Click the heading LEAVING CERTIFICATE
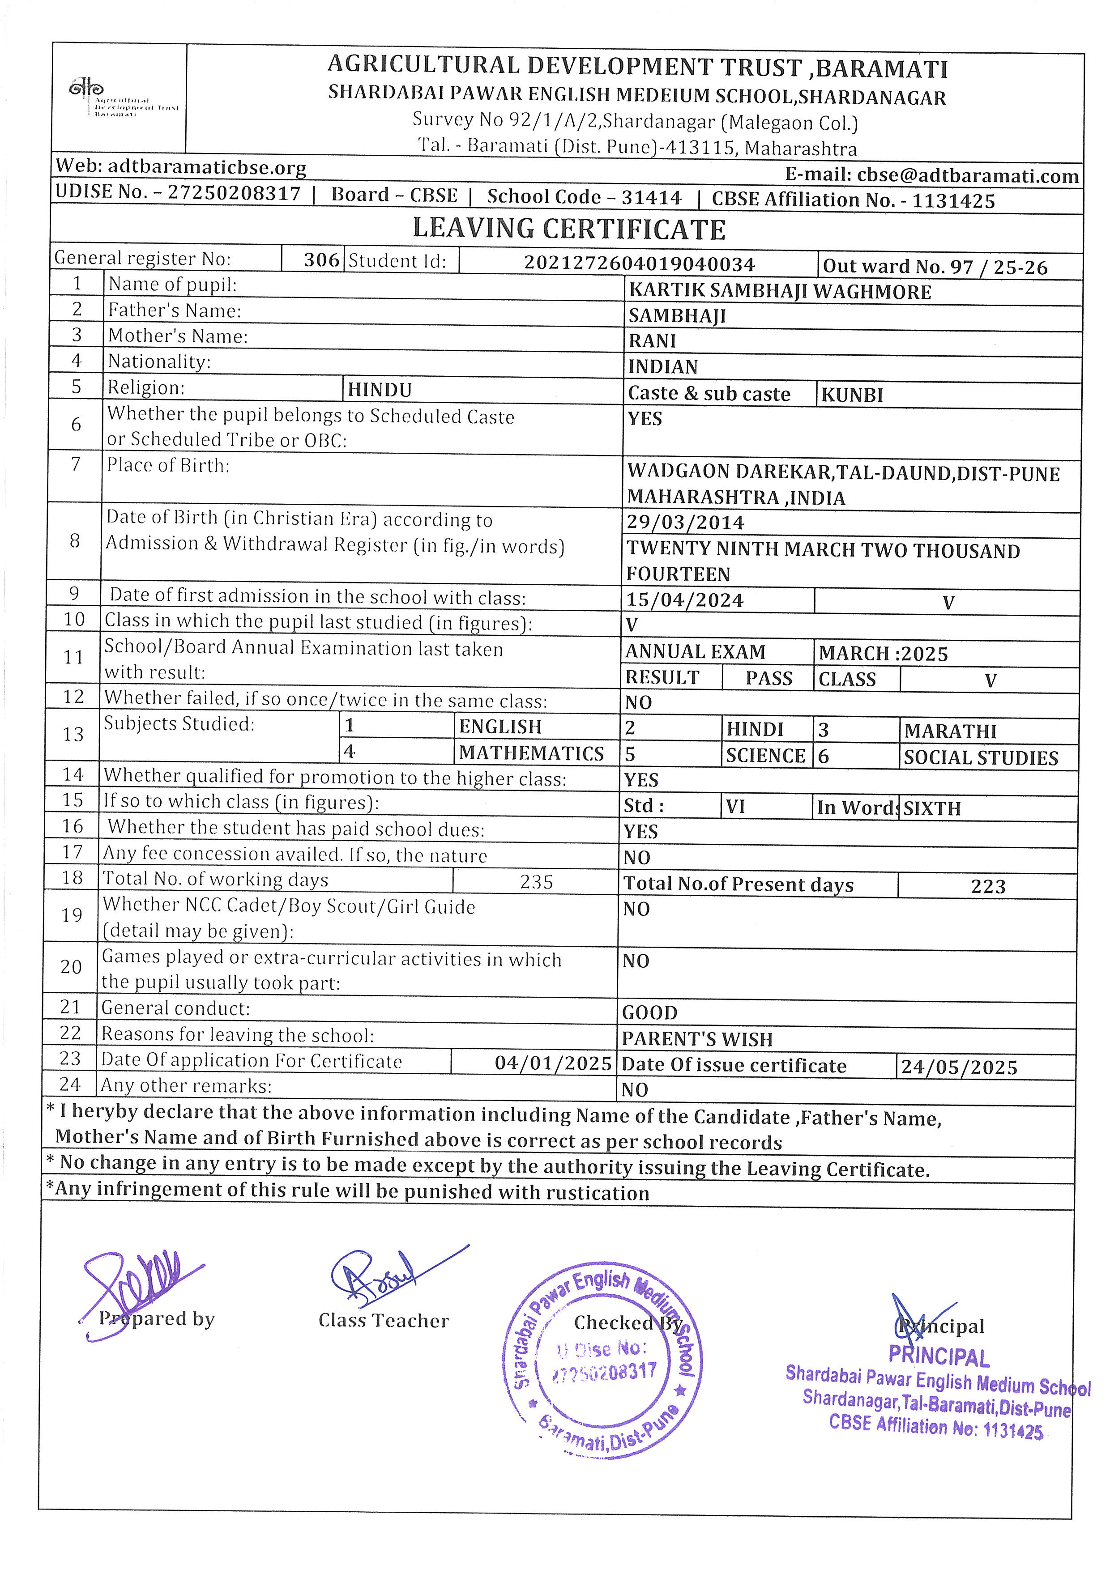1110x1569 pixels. point(569,229)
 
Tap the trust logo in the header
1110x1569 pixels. point(87,89)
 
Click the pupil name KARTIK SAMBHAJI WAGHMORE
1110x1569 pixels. point(779,292)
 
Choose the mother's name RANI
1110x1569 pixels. point(652,340)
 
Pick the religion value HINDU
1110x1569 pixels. point(380,390)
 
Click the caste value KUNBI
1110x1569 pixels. point(852,395)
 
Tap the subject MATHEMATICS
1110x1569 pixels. point(531,753)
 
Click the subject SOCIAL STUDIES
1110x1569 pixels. point(980,758)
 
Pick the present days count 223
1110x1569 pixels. point(988,886)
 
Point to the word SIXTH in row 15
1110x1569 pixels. point(931,808)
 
